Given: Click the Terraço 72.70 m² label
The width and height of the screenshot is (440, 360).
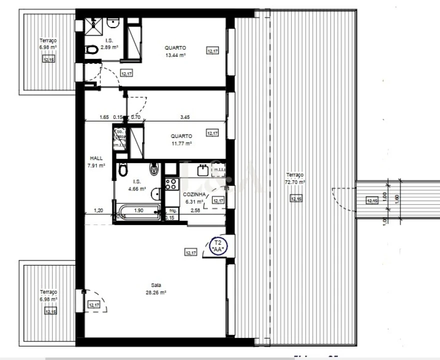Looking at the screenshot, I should (x=295, y=178).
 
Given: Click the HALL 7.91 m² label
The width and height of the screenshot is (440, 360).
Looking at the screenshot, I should (x=96, y=161).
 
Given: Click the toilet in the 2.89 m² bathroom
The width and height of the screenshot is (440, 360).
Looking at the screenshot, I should (x=91, y=50).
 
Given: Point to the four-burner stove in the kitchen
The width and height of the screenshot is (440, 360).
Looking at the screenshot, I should (x=171, y=183).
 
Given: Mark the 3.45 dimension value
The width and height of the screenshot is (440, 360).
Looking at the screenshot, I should (x=184, y=117).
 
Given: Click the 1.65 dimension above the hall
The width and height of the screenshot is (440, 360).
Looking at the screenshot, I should (x=104, y=117).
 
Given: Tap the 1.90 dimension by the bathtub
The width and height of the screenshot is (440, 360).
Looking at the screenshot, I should (x=139, y=210).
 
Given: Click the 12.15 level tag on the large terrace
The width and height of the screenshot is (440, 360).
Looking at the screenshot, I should (x=296, y=199).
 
